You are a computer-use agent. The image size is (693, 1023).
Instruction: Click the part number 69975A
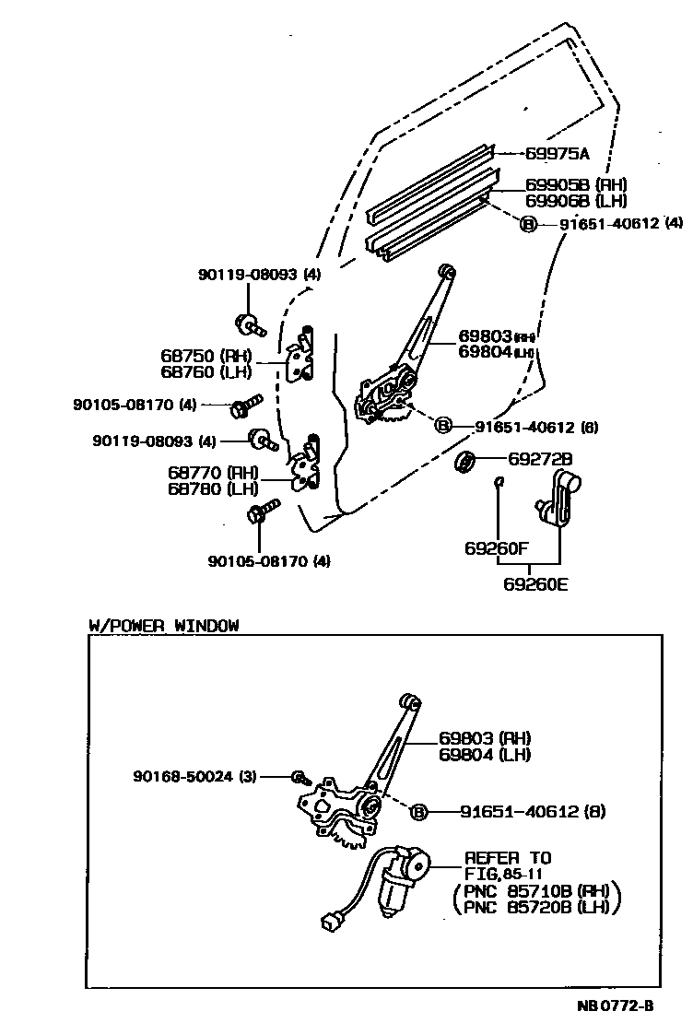tap(558, 153)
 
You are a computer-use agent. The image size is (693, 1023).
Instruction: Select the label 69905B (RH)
tap(576, 183)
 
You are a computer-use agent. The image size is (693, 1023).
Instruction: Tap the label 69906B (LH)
tap(576, 200)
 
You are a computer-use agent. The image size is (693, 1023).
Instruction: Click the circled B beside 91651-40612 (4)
tap(528, 224)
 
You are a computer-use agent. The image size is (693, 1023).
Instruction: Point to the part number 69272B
tap(540, 458)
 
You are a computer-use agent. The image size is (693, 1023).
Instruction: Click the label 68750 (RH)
tap(204, 356)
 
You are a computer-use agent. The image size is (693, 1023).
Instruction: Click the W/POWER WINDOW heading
tap(163, 626)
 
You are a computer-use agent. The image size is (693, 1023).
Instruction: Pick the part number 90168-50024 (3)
tap(194, 777)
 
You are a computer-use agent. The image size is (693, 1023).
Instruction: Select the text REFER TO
tap(508, 858)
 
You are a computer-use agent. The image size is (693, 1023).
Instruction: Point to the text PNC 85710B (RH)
tap(537, 892)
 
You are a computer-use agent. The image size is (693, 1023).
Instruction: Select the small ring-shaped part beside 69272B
tap(465, 462)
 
